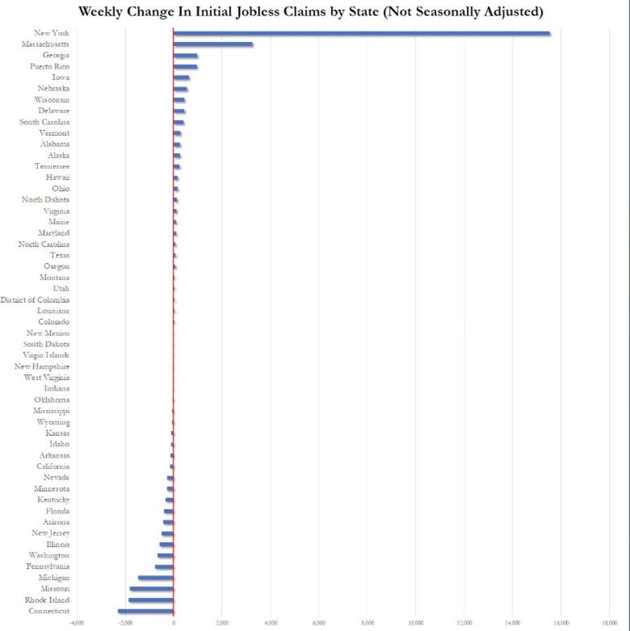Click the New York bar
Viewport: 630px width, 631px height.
click(361, 33)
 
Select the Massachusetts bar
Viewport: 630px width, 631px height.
click(213, 44)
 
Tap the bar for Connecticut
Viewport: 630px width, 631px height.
click(146, 611)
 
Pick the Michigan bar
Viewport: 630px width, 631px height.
click(155, 578)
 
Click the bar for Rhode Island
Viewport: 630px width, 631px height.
click(150, 600)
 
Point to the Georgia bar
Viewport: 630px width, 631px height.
click(185, 55)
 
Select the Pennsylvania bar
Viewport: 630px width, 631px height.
click(164, 567)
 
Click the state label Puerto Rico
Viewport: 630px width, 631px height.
click(49, 66)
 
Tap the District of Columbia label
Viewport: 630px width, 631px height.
click(35, 300)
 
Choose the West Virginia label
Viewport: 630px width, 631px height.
click(46, 378)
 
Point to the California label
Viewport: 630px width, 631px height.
click(53, 467)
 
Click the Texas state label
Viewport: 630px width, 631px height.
click(59, 255)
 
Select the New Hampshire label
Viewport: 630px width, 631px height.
click(41, 367)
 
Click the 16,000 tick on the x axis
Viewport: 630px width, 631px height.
click(561, 622)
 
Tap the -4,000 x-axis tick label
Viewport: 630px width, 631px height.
click(76, 622)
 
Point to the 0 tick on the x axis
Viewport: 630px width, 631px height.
click(173, 622)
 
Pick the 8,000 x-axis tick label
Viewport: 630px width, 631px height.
click(367, 622)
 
